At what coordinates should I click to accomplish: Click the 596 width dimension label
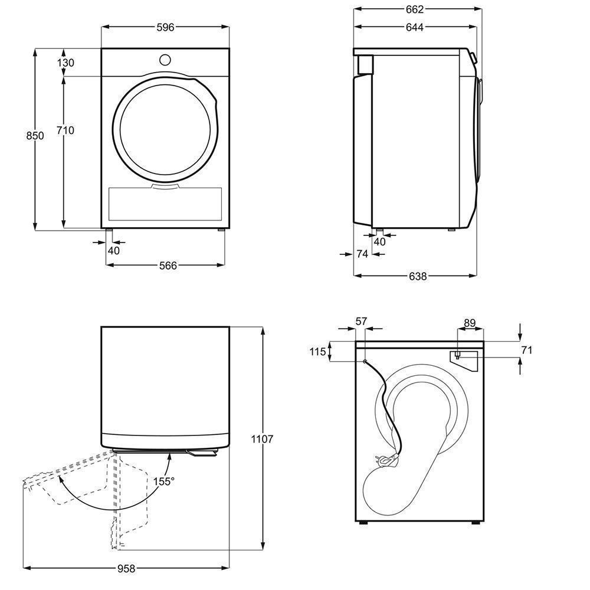click(x=165, y=27)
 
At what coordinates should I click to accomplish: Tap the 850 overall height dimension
click(x=35, y=136)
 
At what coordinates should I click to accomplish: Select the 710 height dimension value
click(x=65, y=130)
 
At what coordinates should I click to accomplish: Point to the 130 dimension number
click(x=65, y=63)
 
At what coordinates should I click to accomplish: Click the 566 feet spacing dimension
click(x=168, y=265)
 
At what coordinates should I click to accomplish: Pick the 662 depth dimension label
click(x=415, y=9)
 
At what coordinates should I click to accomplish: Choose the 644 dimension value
click(x=415, y=27)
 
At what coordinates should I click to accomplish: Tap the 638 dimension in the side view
click(x=418, y=276)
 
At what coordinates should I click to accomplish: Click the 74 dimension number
click(x=362, y=254)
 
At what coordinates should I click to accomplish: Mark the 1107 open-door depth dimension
click(x=263, y=439)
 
